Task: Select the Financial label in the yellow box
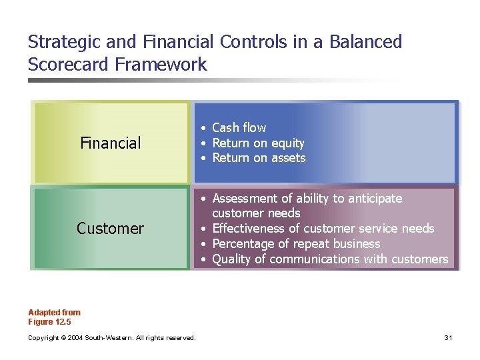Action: point(110,143)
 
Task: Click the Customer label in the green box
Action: point(110,229)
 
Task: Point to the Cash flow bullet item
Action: point(239,127)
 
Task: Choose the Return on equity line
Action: point(258,143)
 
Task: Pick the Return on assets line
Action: point(259,158)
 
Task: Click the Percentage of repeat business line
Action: point(296,244)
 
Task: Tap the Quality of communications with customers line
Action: point(330,259)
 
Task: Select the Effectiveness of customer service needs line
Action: point(323,229)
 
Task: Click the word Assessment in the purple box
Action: point(245,198)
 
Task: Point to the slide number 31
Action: point(449,338)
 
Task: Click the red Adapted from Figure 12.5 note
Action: point(54,317)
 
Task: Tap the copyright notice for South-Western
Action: point(111,338)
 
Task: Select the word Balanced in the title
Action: point(367,42)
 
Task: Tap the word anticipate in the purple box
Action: point(377,198)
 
